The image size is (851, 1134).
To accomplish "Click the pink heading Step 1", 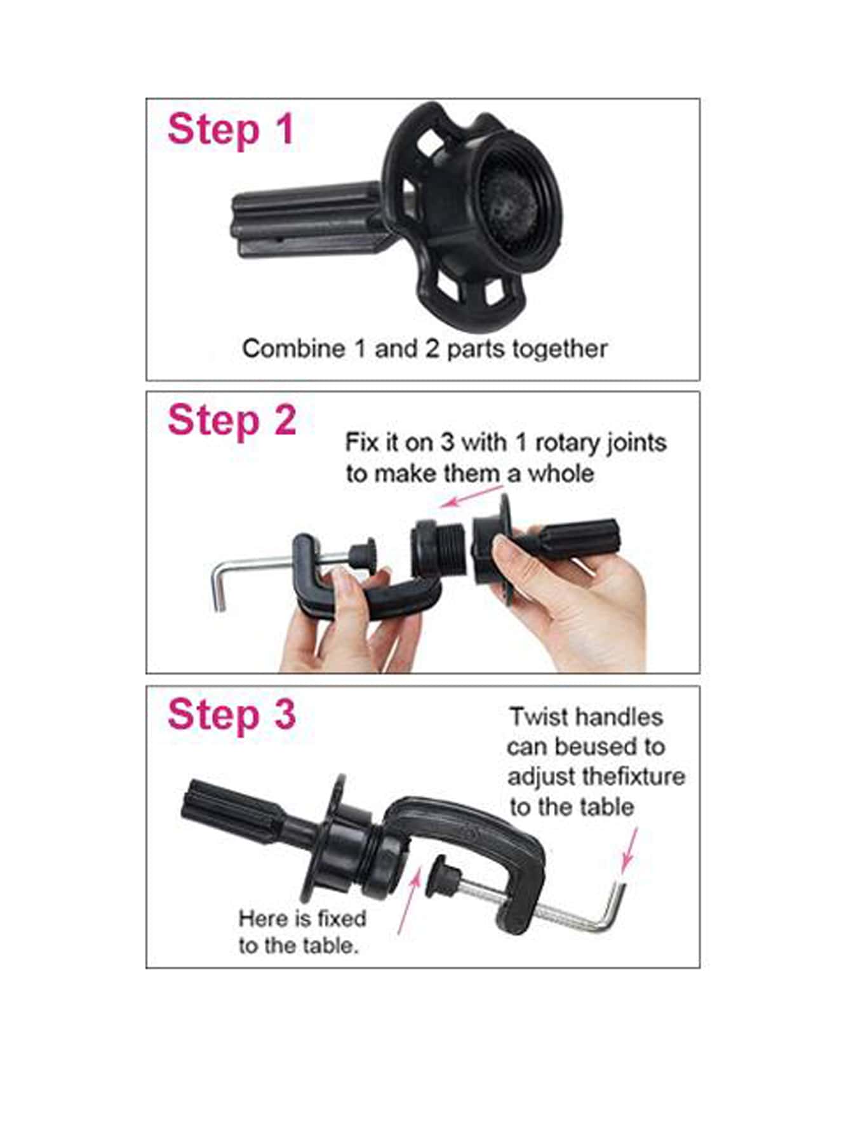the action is [x=231, y=130].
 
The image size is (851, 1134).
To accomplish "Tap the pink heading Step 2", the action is [x=232, y=421].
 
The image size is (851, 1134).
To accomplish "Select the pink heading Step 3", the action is [x=232, y=715].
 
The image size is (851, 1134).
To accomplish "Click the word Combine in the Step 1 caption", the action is [x=285, y=349].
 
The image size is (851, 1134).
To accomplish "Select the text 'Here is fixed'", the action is [x=302, y=918].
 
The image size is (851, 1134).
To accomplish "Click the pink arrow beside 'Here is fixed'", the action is [x=409, y=901].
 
